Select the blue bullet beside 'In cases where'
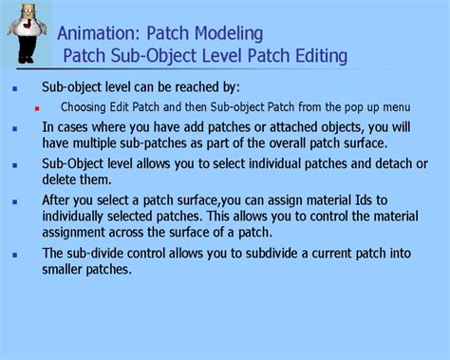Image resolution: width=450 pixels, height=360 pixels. point(14,126)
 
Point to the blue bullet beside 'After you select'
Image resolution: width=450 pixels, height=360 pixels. point(14,200)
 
